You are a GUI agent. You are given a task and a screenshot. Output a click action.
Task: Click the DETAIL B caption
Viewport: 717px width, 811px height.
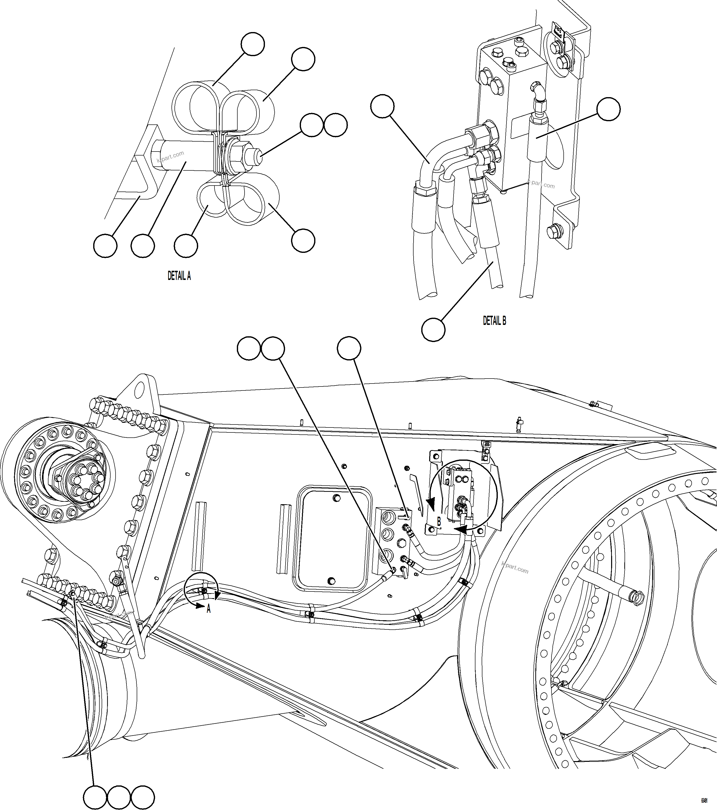tap(494, 321)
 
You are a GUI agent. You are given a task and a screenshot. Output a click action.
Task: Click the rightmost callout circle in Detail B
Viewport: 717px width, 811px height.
tap(609, 110)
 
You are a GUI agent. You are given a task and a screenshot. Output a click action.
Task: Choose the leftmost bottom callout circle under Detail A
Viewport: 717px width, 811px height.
tap(105, 246)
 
